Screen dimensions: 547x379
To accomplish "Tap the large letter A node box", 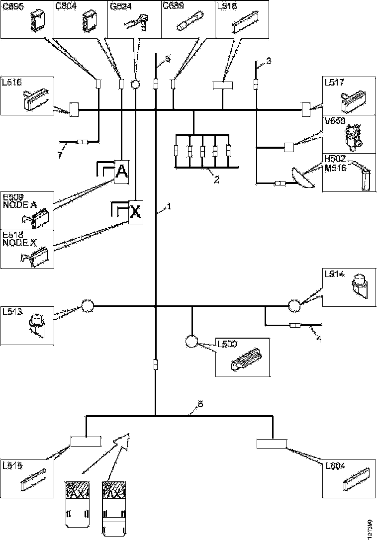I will point(122,172).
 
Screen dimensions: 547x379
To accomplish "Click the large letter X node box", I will point(136,212).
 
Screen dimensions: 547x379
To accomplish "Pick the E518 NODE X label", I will point(16,238).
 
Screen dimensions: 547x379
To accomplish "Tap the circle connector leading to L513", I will point(88,305).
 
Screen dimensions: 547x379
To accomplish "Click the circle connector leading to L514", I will point(294,305).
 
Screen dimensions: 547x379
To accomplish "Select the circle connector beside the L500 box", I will point(192,341).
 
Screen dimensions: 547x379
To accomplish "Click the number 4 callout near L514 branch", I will point(318,339).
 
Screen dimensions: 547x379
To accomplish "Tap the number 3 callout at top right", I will point(269,62).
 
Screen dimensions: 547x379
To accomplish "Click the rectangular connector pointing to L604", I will point(272,444).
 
